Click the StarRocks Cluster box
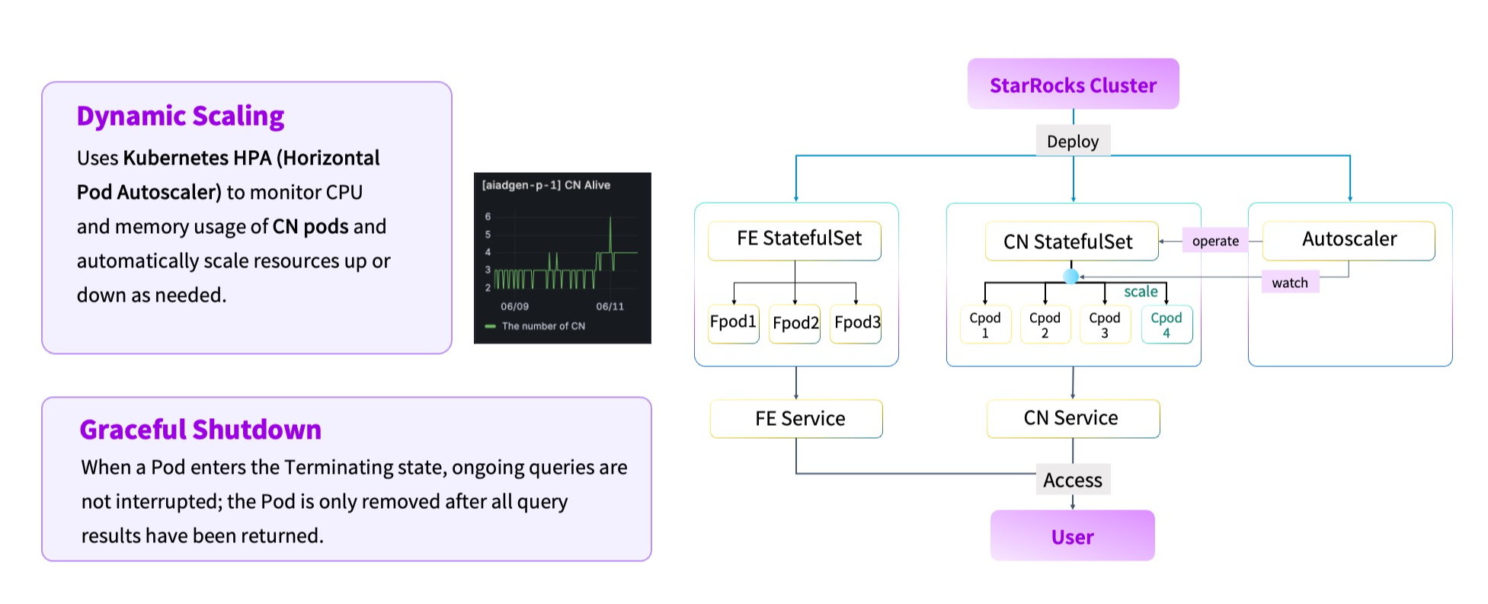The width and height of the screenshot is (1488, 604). click(1073, 85)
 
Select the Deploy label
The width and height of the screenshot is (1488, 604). click(1072, 142)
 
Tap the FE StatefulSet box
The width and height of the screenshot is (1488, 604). click(795, 240)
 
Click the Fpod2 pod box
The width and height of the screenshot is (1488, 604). click(795, 324)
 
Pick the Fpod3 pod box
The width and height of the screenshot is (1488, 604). click(856, 323)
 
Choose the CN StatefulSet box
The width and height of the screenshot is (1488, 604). click(1070, 242)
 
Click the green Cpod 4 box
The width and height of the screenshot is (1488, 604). click(1166, 325)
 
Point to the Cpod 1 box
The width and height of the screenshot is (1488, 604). click(984, 325)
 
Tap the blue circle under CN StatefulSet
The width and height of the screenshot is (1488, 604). click(1070, 276)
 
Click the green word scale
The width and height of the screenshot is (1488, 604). click(1141, 292)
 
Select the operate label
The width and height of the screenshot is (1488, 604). click(1215, 241)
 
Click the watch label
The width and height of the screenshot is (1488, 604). click(1289, 283)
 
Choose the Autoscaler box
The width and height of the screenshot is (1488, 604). click(1349, 240)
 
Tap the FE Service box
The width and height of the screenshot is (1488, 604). click(797, 419)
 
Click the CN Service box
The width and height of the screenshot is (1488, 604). click(1072, 418)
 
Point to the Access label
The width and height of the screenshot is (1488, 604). click(1072, 480)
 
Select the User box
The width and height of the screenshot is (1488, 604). click(1072, 536)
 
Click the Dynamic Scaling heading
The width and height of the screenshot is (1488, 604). click(181, 117)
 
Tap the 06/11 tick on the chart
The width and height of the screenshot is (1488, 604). click(610, 306)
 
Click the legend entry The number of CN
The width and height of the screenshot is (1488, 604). click(542, 326)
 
